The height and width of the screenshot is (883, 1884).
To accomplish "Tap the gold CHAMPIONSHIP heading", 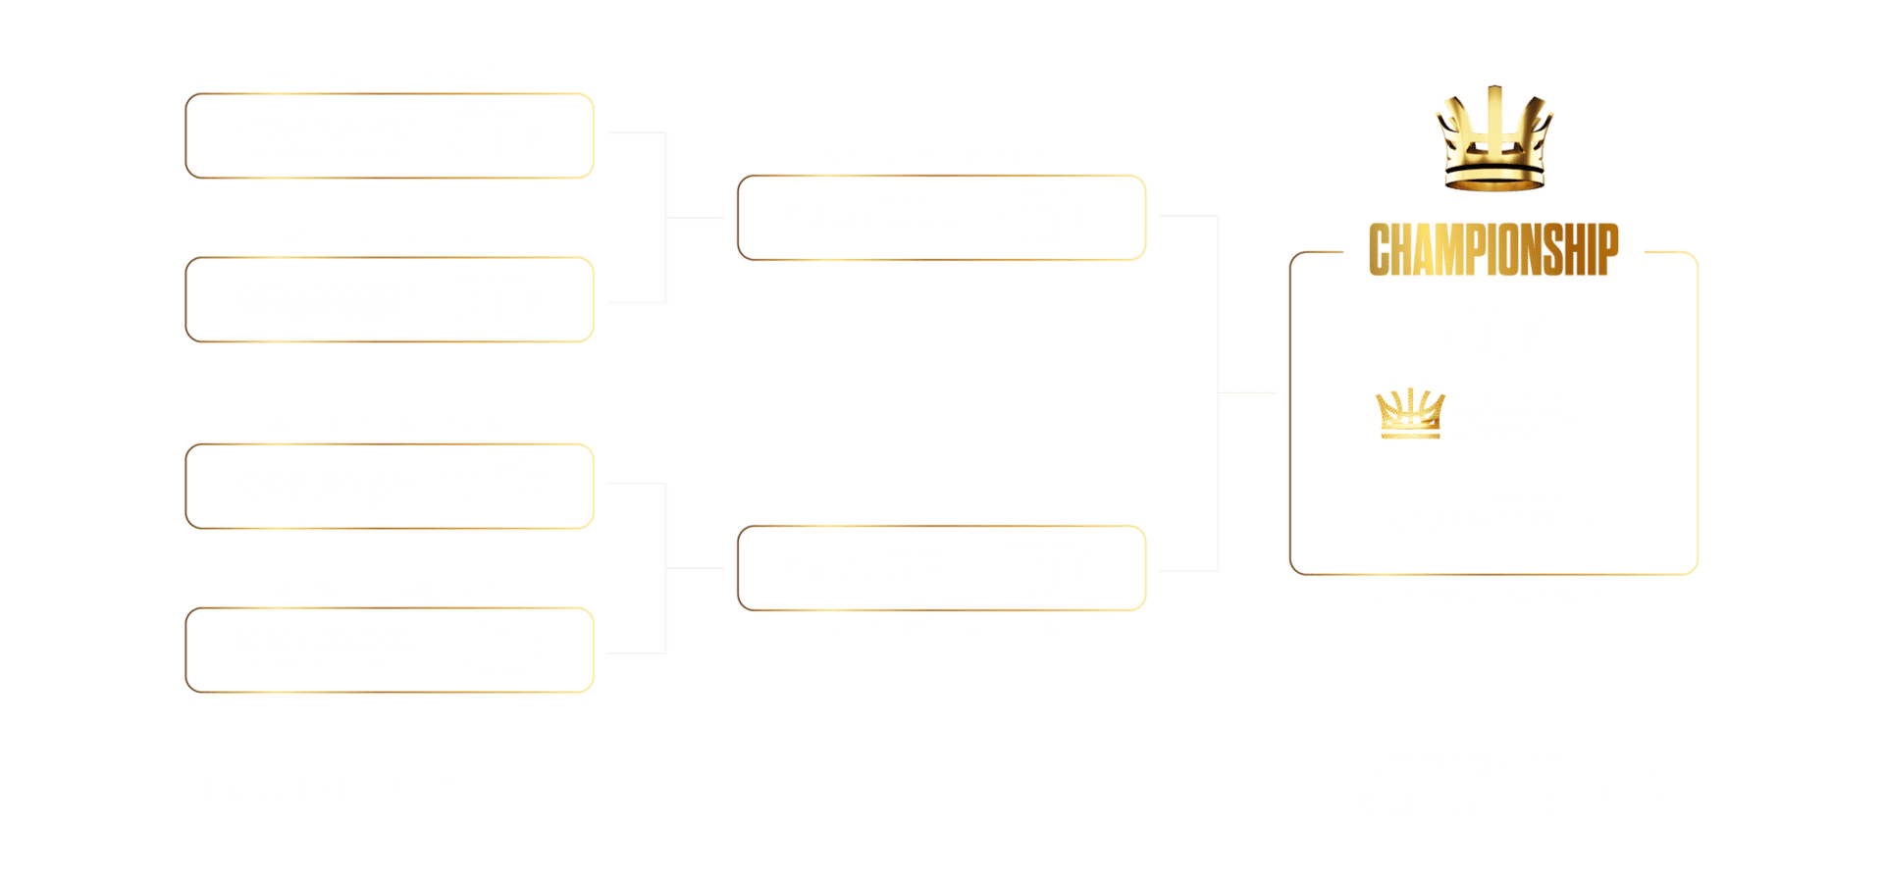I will pyautogui.click(x=1492, y=250).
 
